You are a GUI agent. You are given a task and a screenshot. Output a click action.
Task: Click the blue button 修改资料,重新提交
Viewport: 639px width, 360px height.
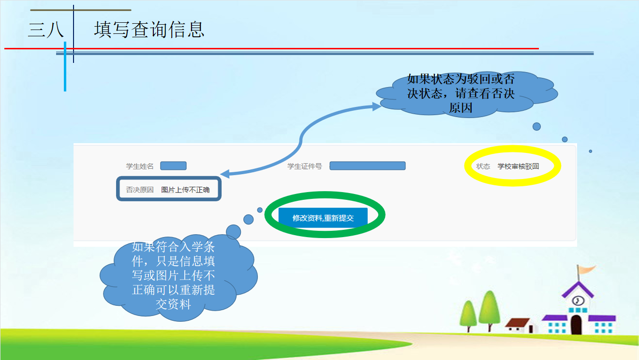tap(323, 218)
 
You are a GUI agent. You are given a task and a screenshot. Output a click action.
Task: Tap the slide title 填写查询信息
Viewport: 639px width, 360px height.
tap(149, 30)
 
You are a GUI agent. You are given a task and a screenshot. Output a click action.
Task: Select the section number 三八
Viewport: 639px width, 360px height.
tap(46, 30)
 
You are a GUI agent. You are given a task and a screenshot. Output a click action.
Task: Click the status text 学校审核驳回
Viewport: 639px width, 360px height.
tap(518, 166)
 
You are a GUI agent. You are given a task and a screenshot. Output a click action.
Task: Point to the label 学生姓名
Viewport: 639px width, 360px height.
tap(140, 166)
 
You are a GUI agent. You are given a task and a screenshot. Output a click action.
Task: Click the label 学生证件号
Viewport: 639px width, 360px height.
tap(304, 166)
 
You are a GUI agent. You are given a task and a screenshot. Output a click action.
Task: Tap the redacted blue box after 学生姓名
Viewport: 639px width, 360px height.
tap(174, 166)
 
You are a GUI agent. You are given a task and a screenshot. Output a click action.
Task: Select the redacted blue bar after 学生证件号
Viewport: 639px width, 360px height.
tap(368, 166)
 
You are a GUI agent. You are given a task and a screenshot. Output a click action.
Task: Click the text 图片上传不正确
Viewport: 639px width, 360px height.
tap(185, 190)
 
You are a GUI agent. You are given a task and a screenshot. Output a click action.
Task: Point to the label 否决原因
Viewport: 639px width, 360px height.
tap(140, 190)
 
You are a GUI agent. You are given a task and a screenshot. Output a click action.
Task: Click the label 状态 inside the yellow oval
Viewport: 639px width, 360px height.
tap(483, 166)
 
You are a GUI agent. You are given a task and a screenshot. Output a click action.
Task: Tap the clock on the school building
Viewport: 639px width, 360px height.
tap(578, 300)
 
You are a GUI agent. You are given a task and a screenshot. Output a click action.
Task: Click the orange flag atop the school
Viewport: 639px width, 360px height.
tap(586, 269)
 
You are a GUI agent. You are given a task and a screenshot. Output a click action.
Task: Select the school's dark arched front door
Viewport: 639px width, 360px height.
tap(576, 325)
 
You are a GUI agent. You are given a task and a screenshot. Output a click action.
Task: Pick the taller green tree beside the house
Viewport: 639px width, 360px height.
tap(490, 310)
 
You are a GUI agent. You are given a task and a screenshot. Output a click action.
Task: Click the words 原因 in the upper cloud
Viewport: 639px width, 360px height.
tap(461, 108)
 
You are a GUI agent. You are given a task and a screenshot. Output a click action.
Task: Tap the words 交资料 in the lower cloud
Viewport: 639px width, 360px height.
tap(173, 304)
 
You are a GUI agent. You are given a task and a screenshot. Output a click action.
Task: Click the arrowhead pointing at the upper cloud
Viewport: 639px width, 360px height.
tap(377, 106)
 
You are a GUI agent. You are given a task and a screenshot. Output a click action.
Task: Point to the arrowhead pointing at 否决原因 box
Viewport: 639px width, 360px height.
tap(225, 174)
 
